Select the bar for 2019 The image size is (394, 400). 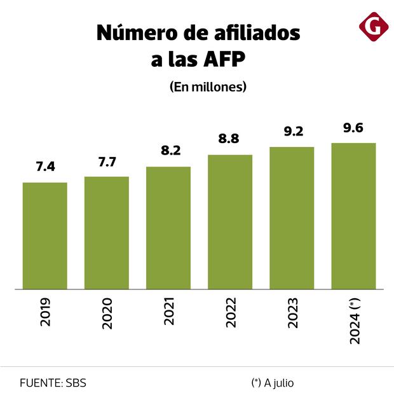click(45, 236)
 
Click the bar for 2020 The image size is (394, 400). click(107, 233)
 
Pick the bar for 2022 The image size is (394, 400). click(230, 222)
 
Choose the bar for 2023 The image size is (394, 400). click(292, 218)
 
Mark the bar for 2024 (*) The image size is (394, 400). click(353, 216)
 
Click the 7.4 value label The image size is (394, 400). click(45, 167)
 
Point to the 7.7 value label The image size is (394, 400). click(107, 161)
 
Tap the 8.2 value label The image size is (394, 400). click(168, 151)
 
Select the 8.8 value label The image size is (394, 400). click(230, 139)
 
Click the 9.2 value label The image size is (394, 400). click(292, 132)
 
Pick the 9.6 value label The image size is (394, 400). click(353, 128)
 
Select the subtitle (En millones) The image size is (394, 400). click(208, 87)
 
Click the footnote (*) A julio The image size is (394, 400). click(273, 383)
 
